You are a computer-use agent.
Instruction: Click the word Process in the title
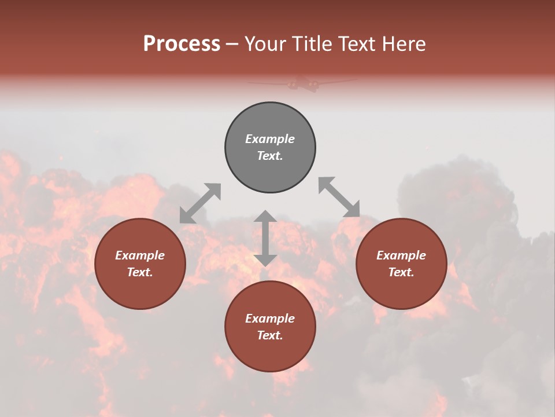(x=182, y=44)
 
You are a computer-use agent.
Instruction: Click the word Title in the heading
(x=312, y=44)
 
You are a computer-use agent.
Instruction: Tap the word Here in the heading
(x=404, y=44)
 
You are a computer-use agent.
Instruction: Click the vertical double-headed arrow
(x=265, y=238)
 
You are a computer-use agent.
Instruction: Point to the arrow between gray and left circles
(x=200, y=203)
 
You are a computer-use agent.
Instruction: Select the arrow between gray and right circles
(x=339, y=197)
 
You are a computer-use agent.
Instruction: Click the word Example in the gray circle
(x=270, y=139)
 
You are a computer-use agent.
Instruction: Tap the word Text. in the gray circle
(x=270, y=156)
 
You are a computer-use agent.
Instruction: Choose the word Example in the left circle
(x=140, y=255)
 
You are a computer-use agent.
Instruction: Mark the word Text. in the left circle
(x=140, y=272)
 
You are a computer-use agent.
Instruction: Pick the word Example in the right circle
(x=401, y=255)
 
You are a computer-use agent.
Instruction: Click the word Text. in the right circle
(x=401, y=272)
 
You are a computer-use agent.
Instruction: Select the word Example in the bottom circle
(x=270, y=319)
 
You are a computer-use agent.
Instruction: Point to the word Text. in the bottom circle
(x=270, y=335)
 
